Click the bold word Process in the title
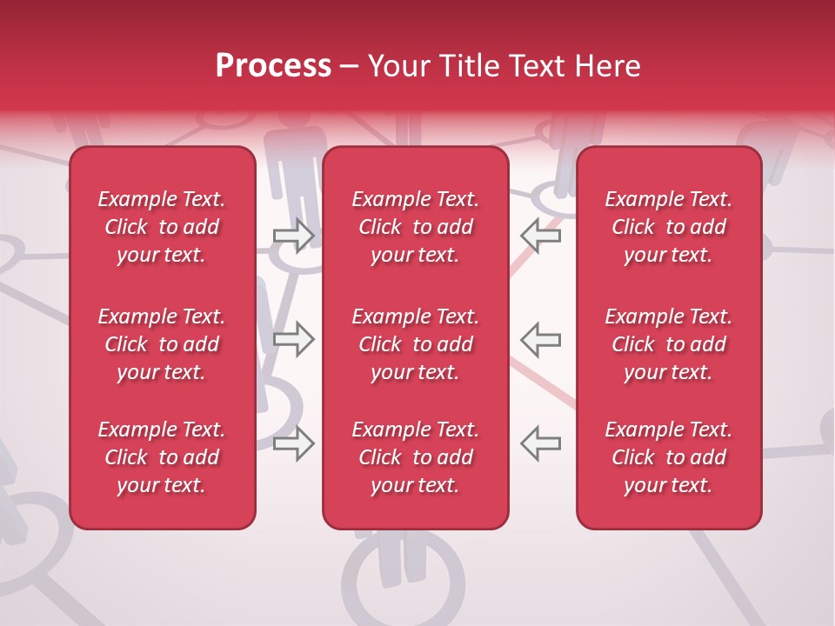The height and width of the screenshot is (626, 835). [x=273, y=66]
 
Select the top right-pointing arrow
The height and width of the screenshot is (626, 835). [x=293, y=236]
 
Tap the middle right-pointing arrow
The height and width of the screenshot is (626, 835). [x=293, y=339]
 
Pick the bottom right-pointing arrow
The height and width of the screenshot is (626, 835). [x=293, y=443]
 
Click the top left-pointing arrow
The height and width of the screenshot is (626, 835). [x=541, y=236]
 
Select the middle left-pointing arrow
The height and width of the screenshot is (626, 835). [x=541, y=339]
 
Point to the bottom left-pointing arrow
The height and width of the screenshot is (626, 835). [x=541, y=443]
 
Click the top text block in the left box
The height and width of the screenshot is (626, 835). [x=162, y=227]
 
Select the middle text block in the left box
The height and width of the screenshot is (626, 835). [x=162, y=344]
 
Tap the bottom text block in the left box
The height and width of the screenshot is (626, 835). [x=162, y=457]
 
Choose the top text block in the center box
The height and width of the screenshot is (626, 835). [x=415, y=227]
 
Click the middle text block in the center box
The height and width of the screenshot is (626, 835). [x=415, y=344]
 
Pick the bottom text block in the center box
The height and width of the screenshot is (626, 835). [x=415, y=457]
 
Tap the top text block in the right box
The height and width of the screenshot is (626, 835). [x=668, y=227]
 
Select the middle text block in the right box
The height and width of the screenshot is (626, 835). [x=668, y=344]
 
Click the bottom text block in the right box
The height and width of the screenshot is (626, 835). [x=668, y=457]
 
